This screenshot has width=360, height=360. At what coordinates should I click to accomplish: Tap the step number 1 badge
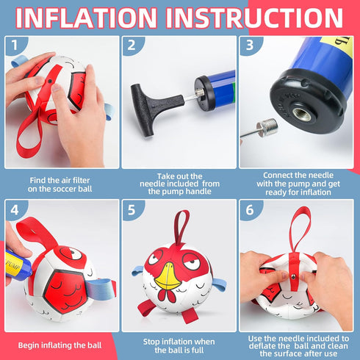point(15,45)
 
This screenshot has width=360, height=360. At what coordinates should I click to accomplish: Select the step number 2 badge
point(132,45)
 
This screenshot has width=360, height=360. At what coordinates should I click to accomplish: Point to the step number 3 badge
point(249,45)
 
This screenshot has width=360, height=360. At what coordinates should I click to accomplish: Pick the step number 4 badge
point(15,210)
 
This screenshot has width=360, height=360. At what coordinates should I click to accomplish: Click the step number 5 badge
point(132,210)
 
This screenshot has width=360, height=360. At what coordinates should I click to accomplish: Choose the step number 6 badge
point(249,210)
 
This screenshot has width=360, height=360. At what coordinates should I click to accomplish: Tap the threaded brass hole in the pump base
point(302,114)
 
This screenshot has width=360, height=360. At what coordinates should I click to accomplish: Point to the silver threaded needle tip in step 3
point(267,128)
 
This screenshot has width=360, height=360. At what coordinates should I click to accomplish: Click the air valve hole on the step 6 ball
point(292,276)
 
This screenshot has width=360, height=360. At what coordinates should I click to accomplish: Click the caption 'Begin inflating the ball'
point(60,345)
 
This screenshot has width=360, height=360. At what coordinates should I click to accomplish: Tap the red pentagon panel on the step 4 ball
point(65,292)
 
